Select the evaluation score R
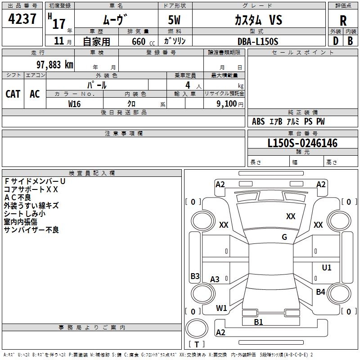[x=343, y=21]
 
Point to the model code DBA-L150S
[x=258, y=41]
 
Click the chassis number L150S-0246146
[x=302, y=143]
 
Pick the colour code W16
[x=74, y=104]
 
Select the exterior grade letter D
[x=335, y=41]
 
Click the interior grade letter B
[x=350, y=41]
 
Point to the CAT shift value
[x=13, y=94]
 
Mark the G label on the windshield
[x=284, y=237]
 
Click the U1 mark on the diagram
[x=327, y=268]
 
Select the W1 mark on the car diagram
[x=221, y=308]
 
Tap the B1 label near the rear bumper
[x=258, y=322]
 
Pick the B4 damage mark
[x=320, y=292]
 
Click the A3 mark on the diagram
[x=215, y=279]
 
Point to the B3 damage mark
[x=195, y=276]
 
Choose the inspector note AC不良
[x=18, y=197]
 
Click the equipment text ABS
[x=258, y=121]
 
